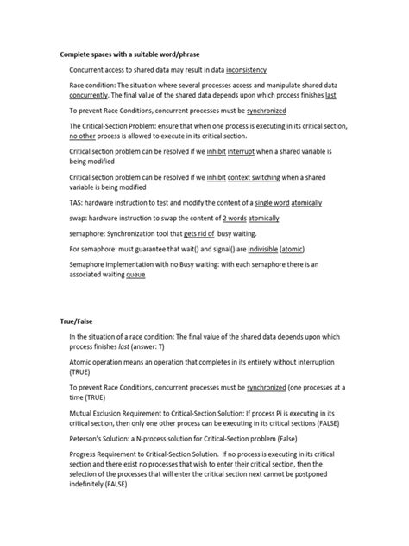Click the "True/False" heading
(79, 321)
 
